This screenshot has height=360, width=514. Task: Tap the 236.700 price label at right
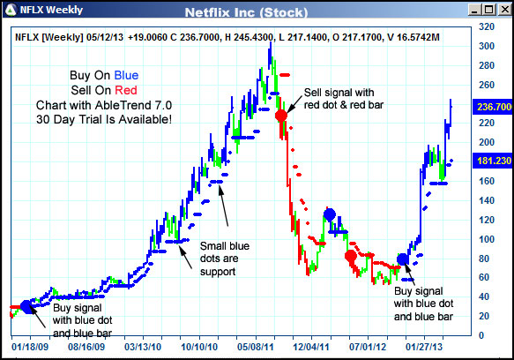(494, 107)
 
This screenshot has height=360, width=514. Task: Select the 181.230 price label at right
(494, 161)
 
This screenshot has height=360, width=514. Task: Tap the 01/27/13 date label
(432, 348)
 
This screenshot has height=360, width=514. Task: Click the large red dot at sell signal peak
(281, 115)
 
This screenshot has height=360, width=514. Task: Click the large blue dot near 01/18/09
(26, 306)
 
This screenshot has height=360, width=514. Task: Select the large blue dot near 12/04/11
(330, 214)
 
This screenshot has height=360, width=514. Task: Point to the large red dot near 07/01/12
(351, 256)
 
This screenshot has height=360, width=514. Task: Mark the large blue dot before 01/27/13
(403, 259)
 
